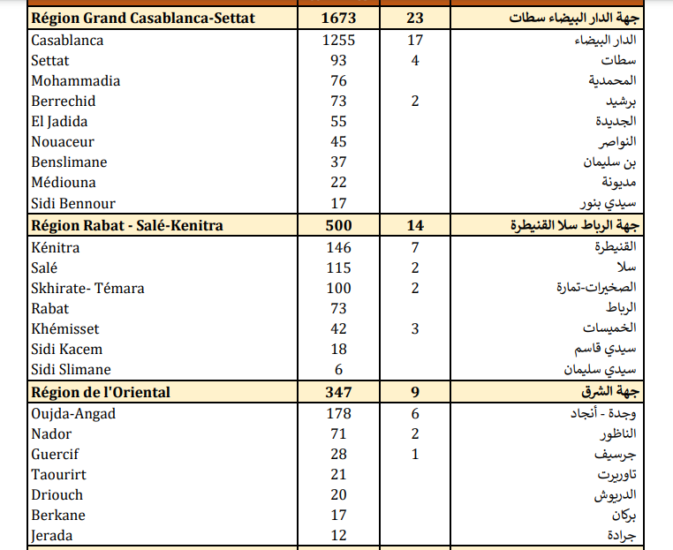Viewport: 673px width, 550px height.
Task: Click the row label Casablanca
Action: (67, 40)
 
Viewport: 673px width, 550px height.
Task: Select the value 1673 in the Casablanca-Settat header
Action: (338, 18)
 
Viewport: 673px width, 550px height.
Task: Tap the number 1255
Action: (338, 40)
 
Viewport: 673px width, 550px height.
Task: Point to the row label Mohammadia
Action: (75, 80)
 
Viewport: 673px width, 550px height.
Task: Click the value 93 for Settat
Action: (338, 60)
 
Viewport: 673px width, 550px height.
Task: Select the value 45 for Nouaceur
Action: (338, 141)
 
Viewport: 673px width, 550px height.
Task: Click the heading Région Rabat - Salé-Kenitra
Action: (126, 225)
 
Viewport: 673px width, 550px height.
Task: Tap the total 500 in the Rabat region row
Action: (338, 225)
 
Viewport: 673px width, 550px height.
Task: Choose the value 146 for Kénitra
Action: (338, 247)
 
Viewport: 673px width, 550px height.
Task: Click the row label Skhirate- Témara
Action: (87, 288)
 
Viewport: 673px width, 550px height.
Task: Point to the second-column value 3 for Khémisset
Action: (415, 328)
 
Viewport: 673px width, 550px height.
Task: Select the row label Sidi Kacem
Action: (66, 349)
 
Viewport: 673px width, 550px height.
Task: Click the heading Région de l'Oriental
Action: (101, 391)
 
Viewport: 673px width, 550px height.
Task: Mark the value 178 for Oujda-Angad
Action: (338, 413)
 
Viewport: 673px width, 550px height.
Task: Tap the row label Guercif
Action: (55, 454)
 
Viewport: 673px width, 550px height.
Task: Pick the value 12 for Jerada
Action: (338, 535)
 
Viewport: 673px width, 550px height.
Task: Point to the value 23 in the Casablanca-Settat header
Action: (415, 18)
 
